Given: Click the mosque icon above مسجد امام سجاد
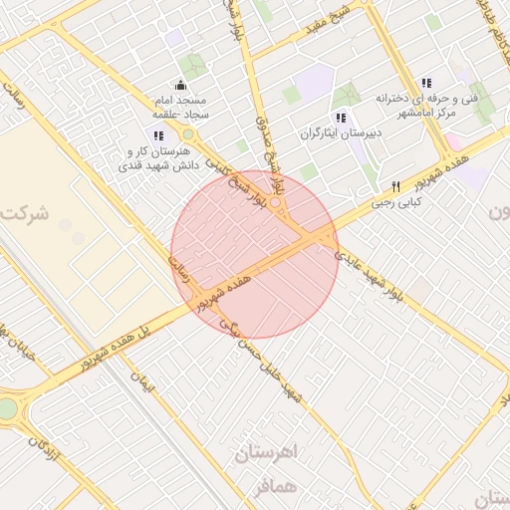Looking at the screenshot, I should pos(179,86).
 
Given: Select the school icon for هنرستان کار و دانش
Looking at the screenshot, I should pos(157,135).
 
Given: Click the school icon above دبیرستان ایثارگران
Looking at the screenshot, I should pos(342,118).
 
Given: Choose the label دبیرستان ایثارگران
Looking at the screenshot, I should pos(342,132).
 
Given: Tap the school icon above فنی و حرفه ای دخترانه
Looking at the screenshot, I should pos(426,84).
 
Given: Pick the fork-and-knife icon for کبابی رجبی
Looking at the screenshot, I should pos(395,186).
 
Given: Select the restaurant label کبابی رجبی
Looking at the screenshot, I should pos(397,201).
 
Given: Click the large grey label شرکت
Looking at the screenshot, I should pos(25,213).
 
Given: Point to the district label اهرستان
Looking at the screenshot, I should pos(268,453).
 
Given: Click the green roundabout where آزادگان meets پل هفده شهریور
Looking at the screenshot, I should pos(7,409).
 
